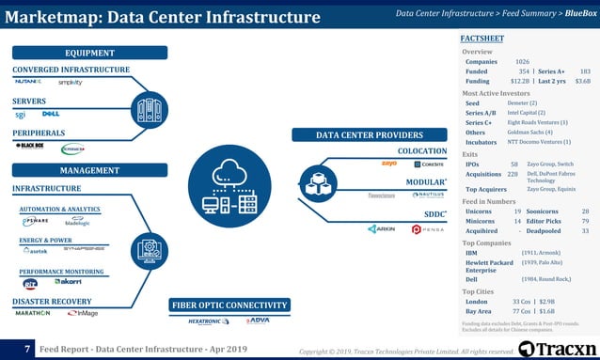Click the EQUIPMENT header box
point(88,53)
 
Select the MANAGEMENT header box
point(88,170)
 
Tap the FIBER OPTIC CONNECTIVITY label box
point(229,305)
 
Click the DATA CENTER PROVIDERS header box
point(369,134)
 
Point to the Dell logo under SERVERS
point(51,115)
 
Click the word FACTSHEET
point(482,37)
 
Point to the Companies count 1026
point(522,61)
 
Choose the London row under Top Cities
point(480,301)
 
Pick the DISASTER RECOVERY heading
point(52,301)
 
